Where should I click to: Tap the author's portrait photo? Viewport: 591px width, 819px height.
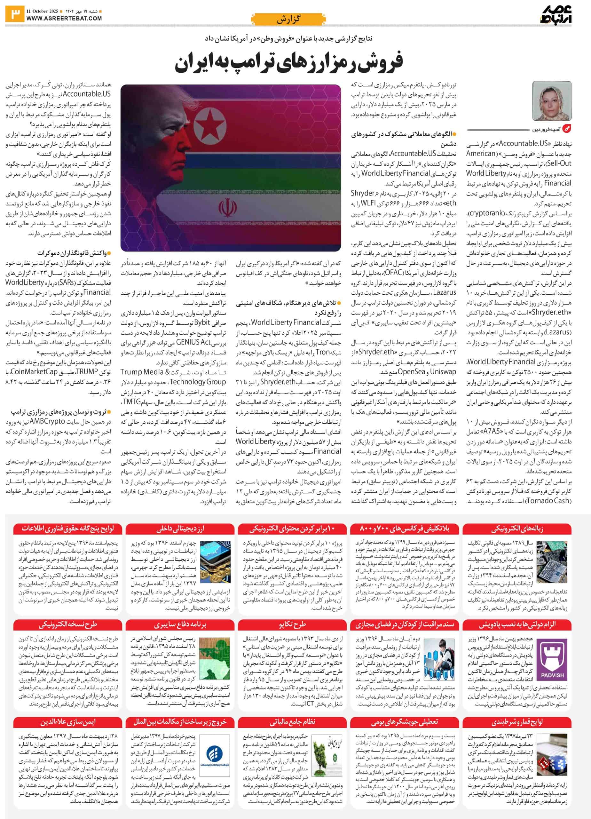click(x=552, y=101)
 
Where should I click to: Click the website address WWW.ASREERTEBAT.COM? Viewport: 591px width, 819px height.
click(x=64, y=18)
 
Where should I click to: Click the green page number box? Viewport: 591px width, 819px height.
click(x=14, y=14)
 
